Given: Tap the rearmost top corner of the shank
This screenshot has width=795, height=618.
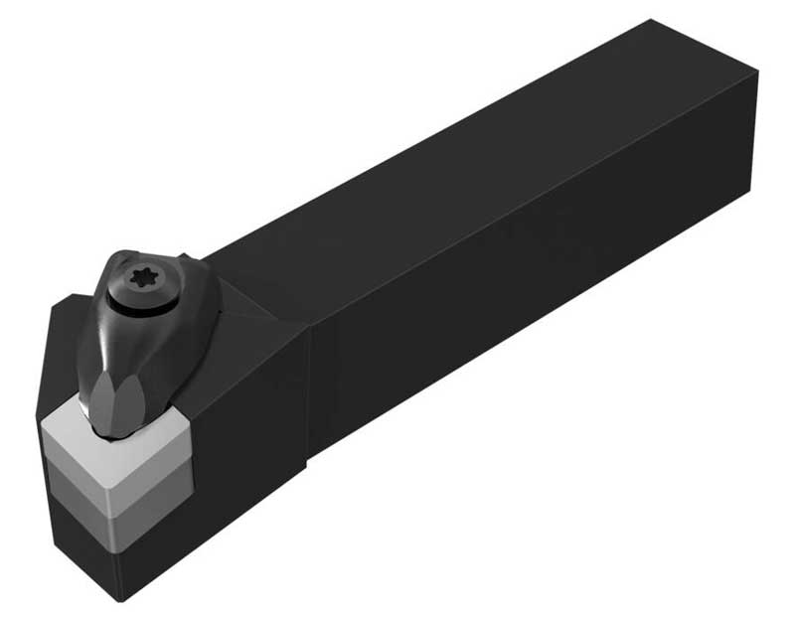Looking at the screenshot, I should pyautogui.click(x=651, y=20).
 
